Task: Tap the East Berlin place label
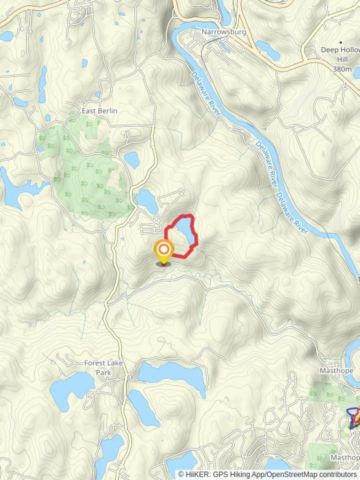click(x=99, y=111)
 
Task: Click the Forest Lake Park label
click(x=104, y=367)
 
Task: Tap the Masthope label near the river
click(x=336, y=371)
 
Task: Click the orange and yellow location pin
click(x=164, y=252)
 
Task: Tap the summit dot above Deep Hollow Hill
click(x=341, y=43)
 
